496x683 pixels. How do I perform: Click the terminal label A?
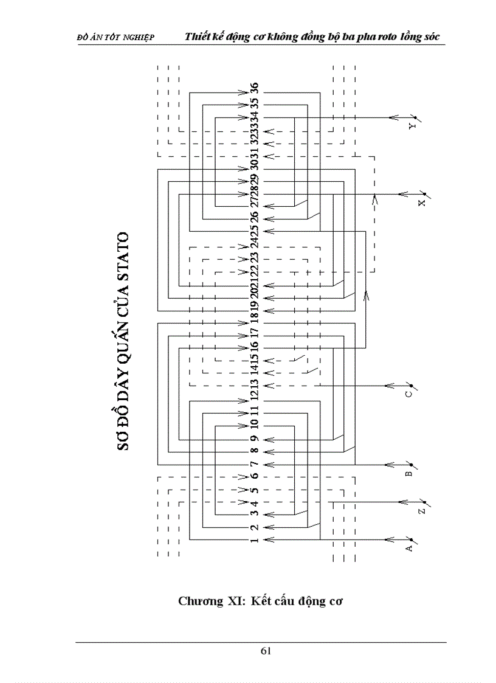coord(409,548)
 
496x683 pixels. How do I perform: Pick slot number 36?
coord(255,89)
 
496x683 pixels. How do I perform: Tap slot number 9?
coord(255,439)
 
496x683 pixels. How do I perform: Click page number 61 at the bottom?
coord(266,651)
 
